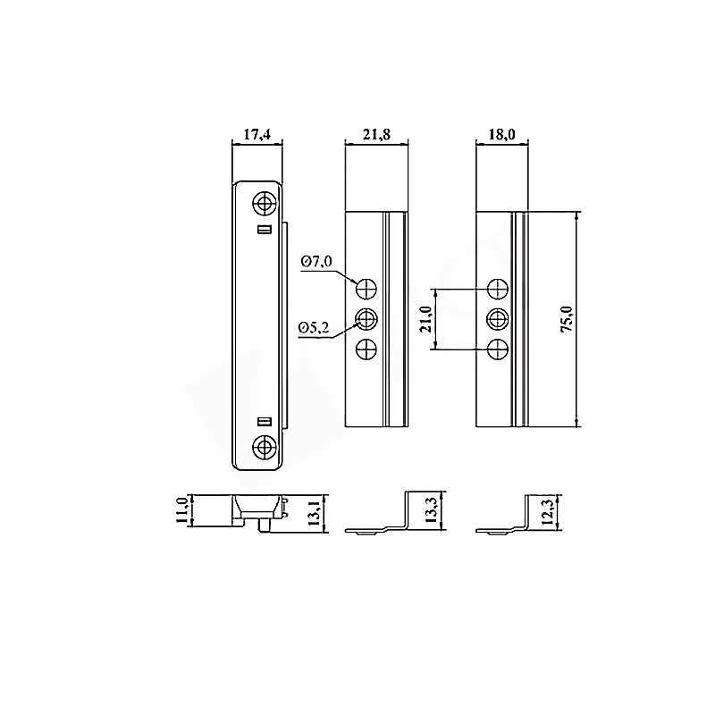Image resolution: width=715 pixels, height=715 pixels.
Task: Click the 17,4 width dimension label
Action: (x=257, y=135)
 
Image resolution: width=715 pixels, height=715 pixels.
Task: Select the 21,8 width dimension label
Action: (x=376, y=135)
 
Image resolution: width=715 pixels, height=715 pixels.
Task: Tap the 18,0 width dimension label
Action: (x=501, y=135)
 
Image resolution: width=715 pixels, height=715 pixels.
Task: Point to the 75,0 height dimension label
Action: (x=567, y=319)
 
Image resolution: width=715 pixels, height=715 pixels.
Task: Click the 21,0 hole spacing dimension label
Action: (x=426, y=319)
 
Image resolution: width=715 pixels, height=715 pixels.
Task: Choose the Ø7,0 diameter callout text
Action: (x=316, y=262)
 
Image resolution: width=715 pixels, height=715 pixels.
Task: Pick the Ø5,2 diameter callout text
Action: (x=314, y=327)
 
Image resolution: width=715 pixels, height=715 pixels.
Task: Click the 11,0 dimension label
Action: (x=182, y=510)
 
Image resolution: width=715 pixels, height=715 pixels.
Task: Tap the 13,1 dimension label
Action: (x=315, y=512)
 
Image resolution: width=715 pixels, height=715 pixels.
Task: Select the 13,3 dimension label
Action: (x=431, y=510)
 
